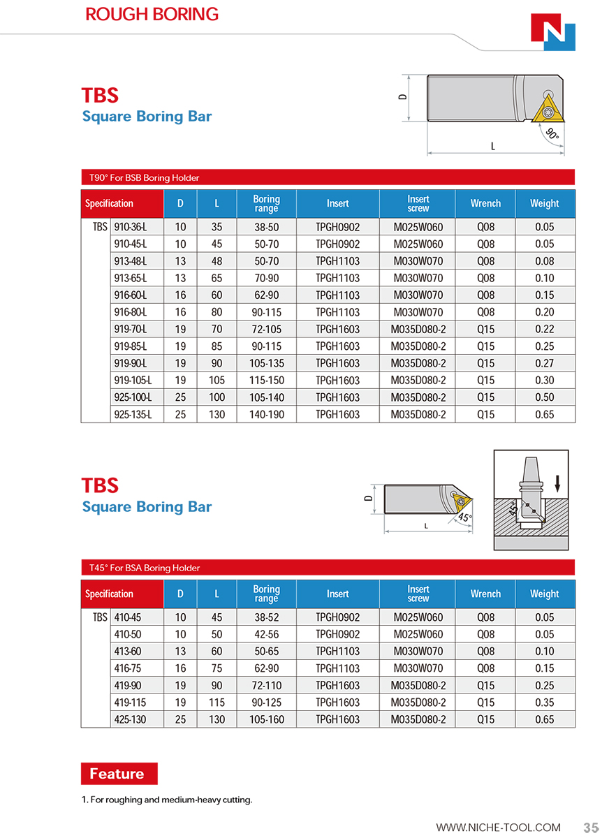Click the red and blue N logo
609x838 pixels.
(x=552, y=33)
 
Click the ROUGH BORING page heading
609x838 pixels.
(x=152, y=14)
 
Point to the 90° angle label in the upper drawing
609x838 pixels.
(x=552, y=134)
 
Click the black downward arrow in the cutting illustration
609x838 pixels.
(x=557, y=481)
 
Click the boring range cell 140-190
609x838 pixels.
(x=266, y=414)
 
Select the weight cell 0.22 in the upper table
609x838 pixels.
(x=544, y=329)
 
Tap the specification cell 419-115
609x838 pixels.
(x=131, y=702)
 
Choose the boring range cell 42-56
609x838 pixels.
(x=266, y=634)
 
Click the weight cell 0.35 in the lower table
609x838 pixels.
(x=544, y=702)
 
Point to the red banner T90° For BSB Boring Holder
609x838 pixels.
(x=328, y=177)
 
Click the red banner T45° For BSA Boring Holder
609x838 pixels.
(x=328, y=568)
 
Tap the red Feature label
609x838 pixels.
(x=119, y=774)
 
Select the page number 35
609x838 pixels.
(x=591, y=828)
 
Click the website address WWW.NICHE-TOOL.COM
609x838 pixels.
(x=498, y=828)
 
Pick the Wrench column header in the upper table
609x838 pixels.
(x=485, y=203)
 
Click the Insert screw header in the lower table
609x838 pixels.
(x=418, y=594)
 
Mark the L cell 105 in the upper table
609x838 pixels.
(x=217, y=380)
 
